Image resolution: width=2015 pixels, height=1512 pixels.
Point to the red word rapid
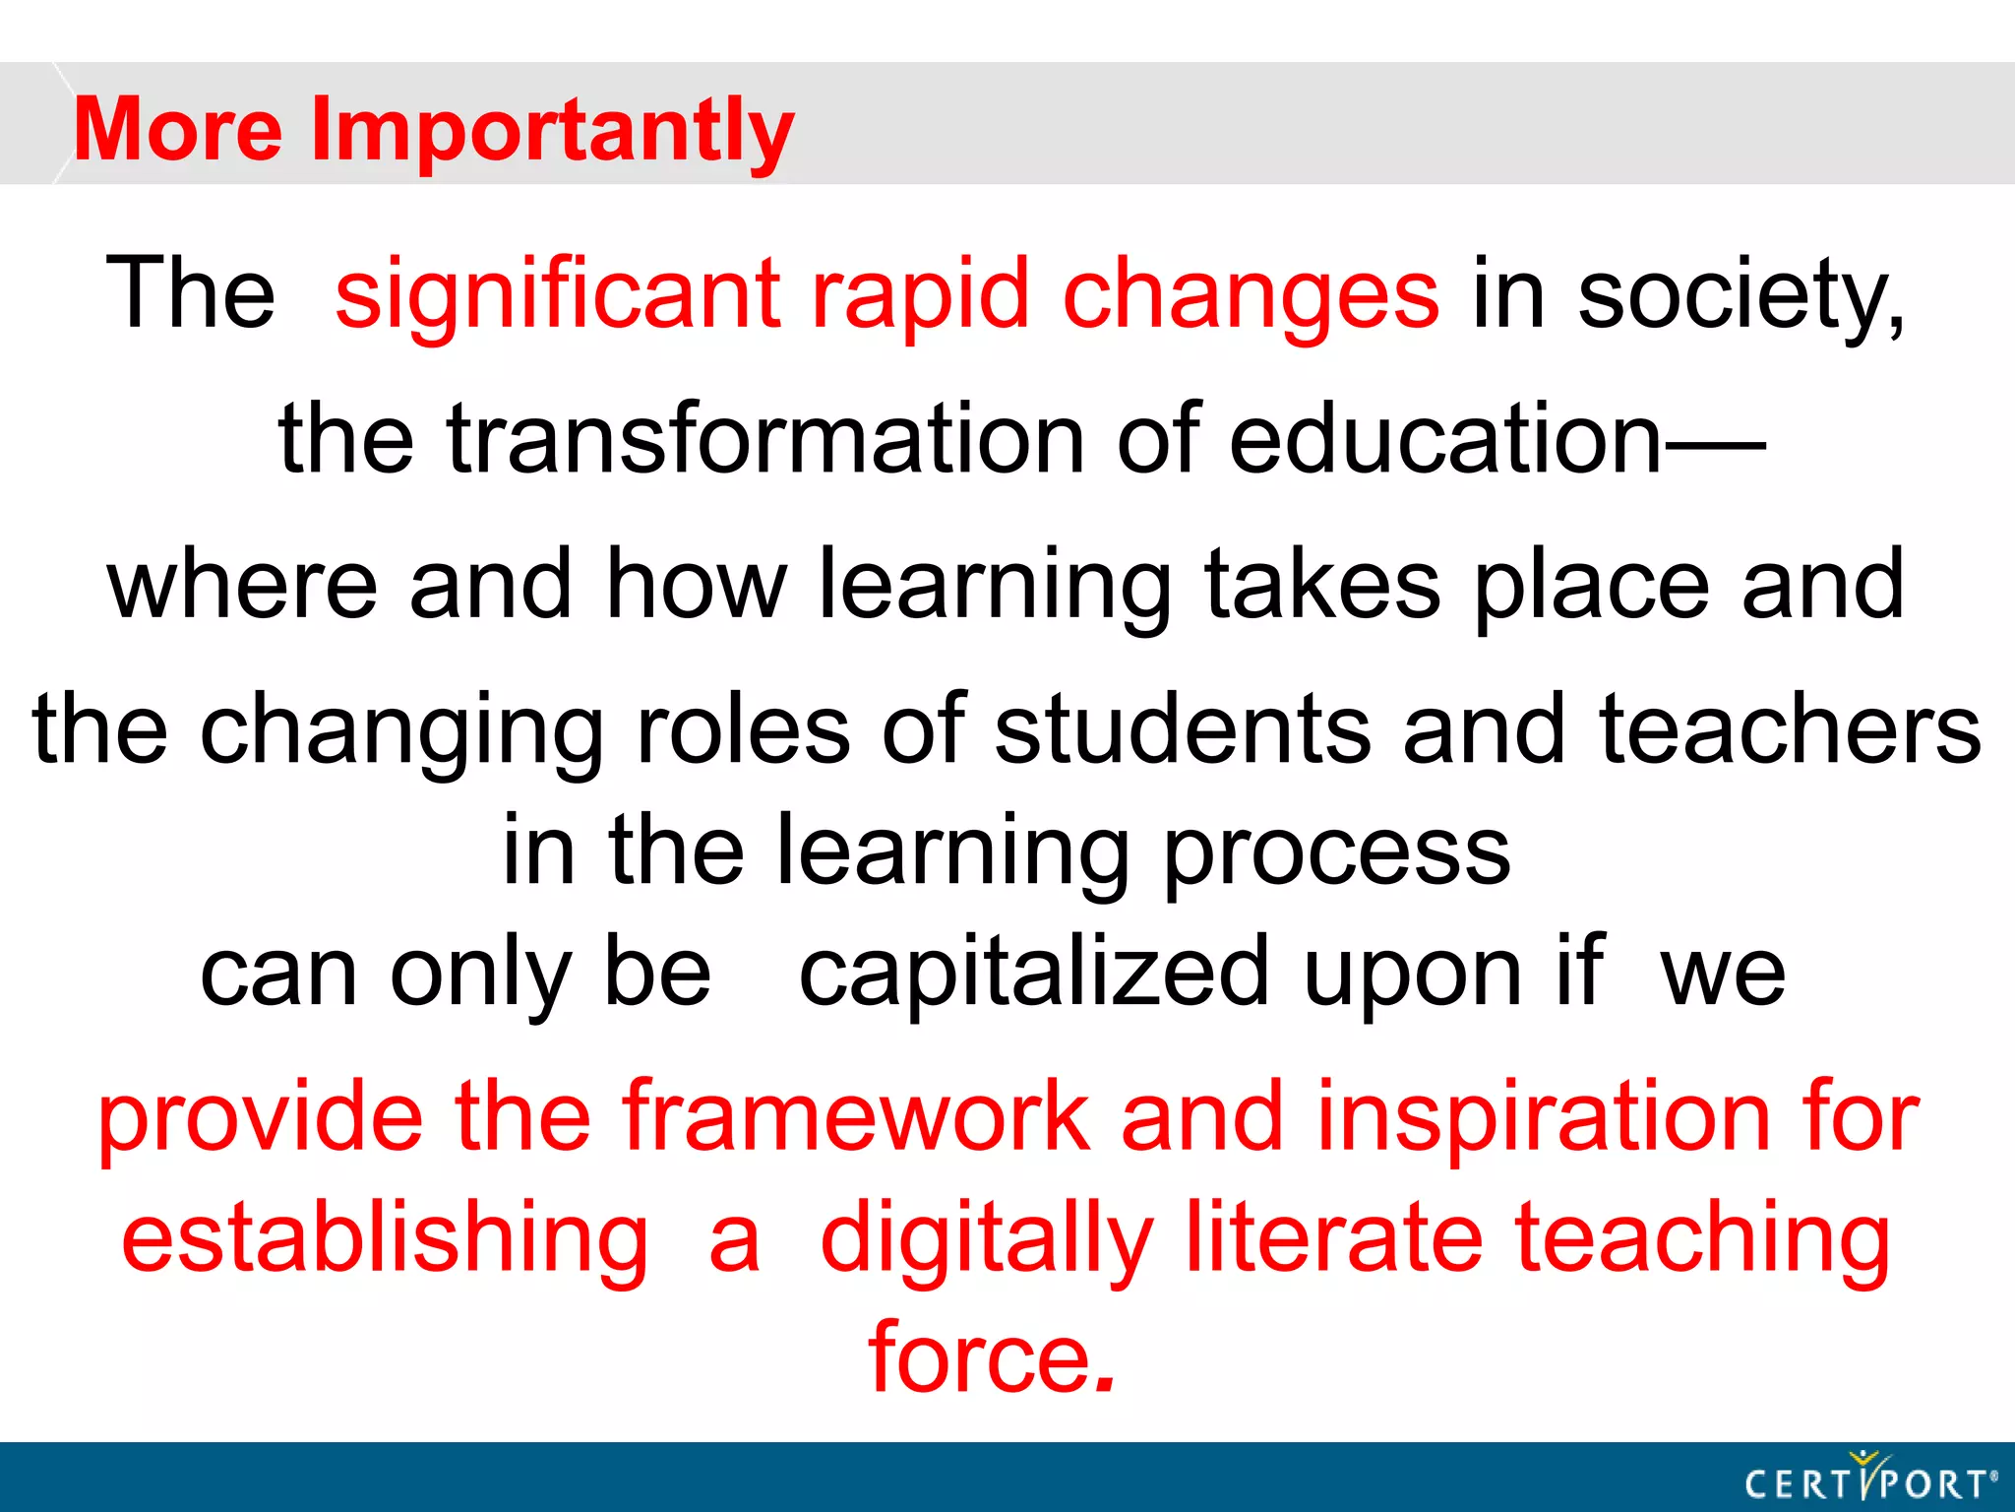(920, 294)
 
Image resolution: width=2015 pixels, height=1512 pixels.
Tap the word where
(242, 585)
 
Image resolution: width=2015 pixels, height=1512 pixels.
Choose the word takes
(1322, 585)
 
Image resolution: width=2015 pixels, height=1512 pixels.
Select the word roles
(743, 729)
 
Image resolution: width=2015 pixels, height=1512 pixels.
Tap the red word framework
(855, 1116)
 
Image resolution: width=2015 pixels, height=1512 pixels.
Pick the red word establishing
(385, 1238)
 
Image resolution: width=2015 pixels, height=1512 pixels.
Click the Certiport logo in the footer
(1870, 1479)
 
